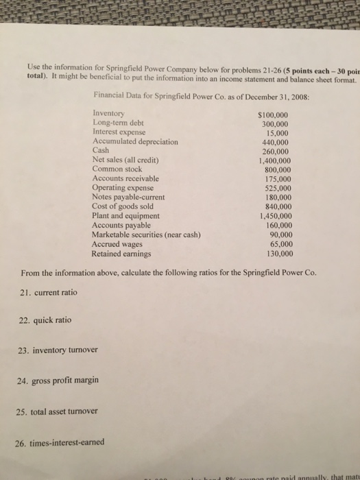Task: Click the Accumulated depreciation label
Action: pos(134,141)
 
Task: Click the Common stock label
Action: pos(119,169)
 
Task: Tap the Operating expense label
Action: pos(123,187)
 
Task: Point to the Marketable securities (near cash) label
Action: pos(146,234)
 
